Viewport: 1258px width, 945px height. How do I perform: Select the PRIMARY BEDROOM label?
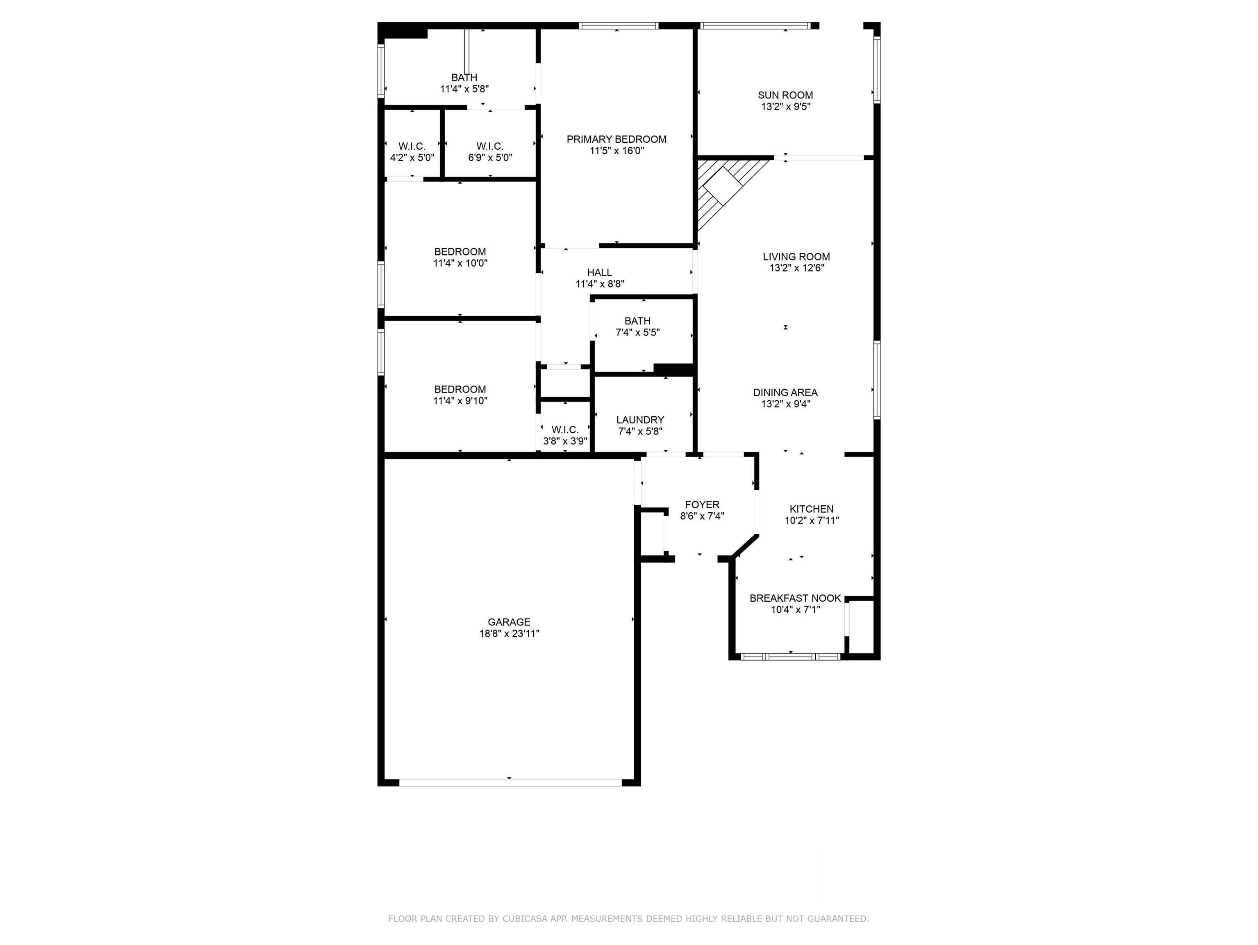(x=616, y=139)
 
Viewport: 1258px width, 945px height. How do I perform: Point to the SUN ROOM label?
(x=785, y=95)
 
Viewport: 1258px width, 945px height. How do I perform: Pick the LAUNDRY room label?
(x=640, y=420)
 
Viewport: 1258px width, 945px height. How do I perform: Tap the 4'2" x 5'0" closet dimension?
(x=412, y=157)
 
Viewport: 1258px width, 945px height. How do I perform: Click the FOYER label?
(x=702, y=504)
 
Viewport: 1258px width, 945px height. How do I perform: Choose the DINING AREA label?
(x=785, y=393)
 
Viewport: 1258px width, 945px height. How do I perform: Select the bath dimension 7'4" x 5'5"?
(x=637, y=332)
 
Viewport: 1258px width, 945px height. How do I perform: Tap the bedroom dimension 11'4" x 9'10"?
(x=460, y=401)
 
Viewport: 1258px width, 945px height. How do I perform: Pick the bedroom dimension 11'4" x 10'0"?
(x=460, y=263)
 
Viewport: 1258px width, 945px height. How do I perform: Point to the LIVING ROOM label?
(x=796, y=257)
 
